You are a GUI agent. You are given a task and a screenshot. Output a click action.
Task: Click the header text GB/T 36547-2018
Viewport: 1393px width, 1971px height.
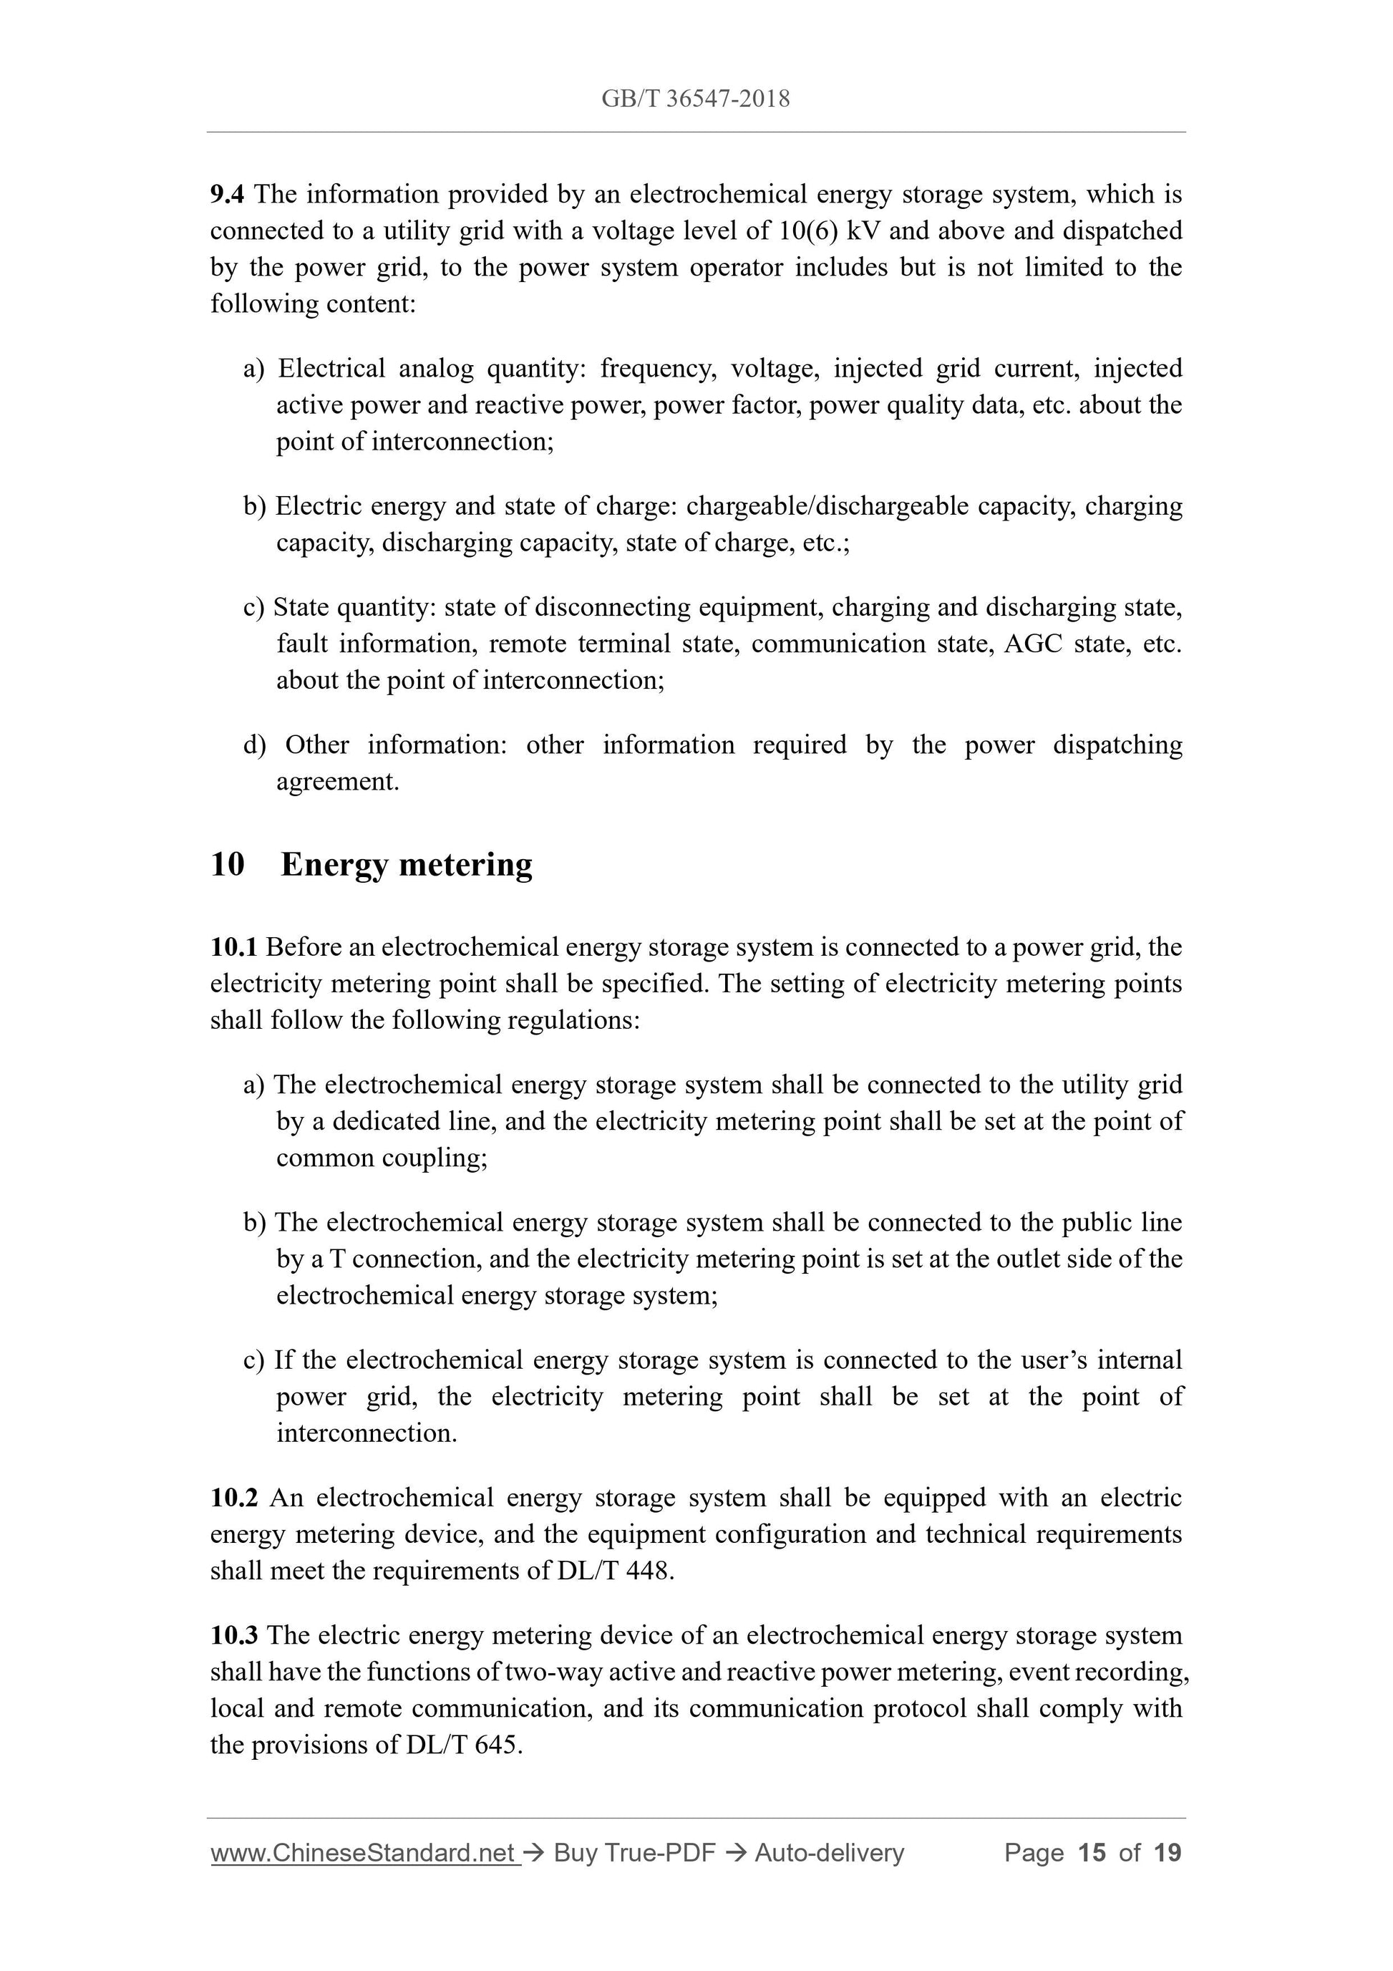695,99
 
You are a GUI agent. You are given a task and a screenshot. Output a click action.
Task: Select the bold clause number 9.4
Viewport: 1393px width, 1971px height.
227,195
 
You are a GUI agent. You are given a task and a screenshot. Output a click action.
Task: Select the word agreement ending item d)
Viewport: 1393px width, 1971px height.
337,782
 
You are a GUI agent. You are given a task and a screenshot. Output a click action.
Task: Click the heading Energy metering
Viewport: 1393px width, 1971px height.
406,864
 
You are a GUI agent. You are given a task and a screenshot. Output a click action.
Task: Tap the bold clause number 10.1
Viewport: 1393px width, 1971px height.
233,948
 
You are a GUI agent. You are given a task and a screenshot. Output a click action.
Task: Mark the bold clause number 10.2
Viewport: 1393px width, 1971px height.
233,1498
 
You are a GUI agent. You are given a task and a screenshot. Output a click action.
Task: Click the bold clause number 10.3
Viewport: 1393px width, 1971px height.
233,1636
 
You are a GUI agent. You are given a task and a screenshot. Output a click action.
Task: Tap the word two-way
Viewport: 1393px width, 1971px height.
555,1672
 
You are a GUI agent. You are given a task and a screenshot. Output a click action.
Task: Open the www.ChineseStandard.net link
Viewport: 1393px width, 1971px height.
363,1854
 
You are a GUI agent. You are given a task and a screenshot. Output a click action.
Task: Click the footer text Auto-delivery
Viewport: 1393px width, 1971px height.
829,1854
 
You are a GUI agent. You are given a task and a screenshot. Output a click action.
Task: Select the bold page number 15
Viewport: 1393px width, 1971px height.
1092,1854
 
